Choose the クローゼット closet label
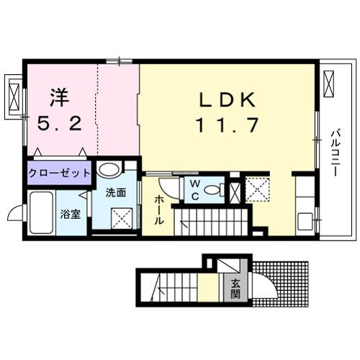(x=60, y=174)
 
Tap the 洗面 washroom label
(x=115, y=193)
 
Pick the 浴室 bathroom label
(x=70, y=215)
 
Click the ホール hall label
(x=159, y=210)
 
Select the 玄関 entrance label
(x=235, y=287)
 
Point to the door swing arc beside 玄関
(x=262, y=287)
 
